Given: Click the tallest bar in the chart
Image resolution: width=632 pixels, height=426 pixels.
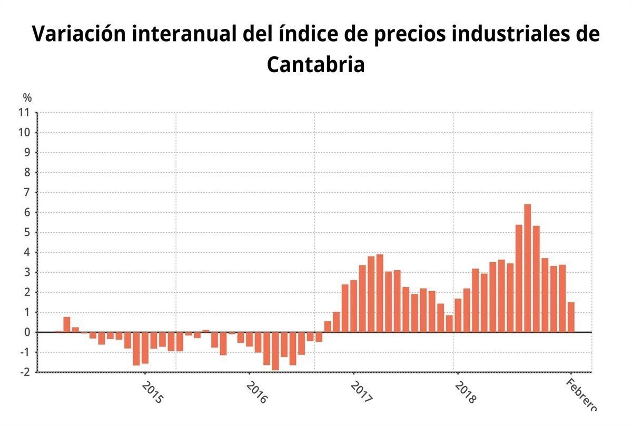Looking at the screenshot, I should [527, 268].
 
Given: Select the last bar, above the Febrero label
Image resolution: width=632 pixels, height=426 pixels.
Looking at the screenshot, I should [571, 317].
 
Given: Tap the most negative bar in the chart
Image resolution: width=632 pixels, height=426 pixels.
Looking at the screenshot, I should [275, 351].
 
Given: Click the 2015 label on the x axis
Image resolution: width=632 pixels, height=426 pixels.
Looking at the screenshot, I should [153, 393].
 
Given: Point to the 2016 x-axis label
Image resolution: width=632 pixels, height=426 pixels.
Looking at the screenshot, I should [257, 393].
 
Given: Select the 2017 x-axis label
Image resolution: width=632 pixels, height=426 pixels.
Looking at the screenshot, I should [361, 393].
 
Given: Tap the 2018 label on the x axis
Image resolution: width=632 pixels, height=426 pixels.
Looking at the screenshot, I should [465, 393].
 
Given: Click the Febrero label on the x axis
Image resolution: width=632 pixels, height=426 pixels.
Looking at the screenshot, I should [581, 395].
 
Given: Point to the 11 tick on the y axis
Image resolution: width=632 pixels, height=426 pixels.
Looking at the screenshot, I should [24, 112].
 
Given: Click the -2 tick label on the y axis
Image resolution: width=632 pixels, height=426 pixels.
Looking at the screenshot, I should [24, 372].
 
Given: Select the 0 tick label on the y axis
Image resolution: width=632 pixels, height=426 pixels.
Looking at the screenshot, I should [26, 332].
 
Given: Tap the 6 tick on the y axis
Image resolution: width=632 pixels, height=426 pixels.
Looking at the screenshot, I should [26, 212].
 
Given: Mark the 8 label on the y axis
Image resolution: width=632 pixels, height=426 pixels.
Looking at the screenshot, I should [26, 172].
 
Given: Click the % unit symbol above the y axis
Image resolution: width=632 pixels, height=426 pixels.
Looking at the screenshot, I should [27, 97].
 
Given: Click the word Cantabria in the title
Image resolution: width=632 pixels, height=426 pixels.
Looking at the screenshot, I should [315, 65].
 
